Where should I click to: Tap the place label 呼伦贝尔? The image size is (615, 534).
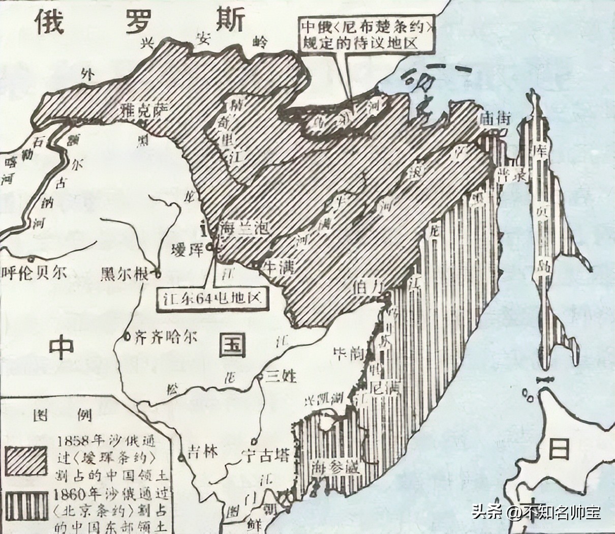[35, 273]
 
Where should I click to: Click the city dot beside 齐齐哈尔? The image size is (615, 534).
[127, 336]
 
